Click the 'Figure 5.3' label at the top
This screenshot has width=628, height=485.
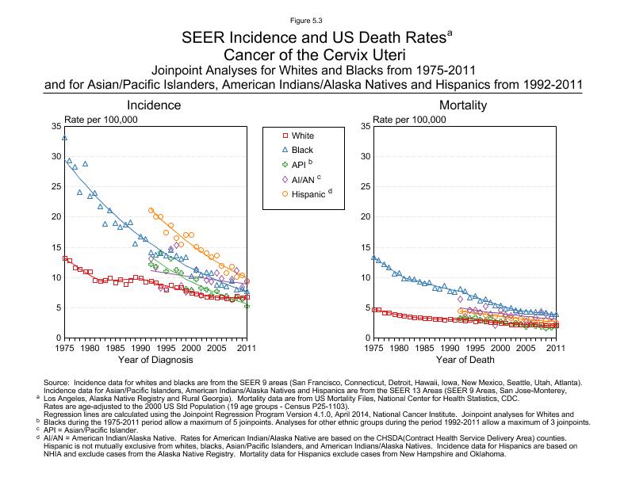(314, 21)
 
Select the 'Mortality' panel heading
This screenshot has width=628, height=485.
(463, 105)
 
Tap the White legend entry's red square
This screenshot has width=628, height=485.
(285, 136)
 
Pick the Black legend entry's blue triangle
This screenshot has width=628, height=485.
(285, 150)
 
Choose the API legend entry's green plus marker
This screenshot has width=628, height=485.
(285, 164)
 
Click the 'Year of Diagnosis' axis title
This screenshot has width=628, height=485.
(155, 360)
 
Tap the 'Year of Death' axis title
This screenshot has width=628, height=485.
(465, 360)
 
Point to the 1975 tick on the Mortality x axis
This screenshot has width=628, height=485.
(373, 347)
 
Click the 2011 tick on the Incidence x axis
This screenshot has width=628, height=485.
(247, 347)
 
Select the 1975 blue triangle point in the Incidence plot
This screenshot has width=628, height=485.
(64, 138)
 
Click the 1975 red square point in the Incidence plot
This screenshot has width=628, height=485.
(64, 258)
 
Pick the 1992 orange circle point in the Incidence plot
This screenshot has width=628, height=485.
(151, 210)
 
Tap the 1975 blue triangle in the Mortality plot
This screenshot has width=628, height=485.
(373, 257)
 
